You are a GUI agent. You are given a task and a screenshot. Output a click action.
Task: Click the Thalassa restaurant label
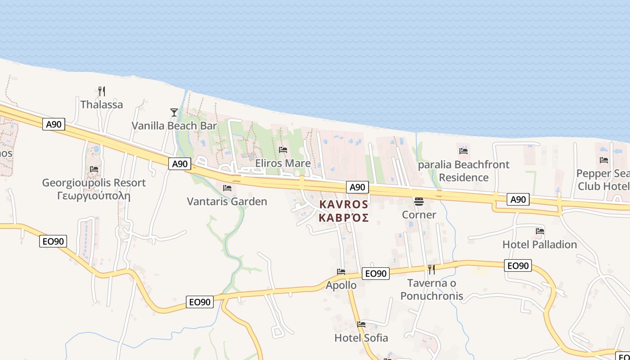pyautogui.click(x=101, y=104)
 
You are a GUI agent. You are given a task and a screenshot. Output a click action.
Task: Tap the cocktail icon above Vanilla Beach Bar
pyautogui.click(x=174, y=112)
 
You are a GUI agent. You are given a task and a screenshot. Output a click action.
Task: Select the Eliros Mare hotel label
pyautogui.click(x=283, y=163)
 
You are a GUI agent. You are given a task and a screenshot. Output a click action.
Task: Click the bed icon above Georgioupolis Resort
pyautogui.click(x=94, y=169)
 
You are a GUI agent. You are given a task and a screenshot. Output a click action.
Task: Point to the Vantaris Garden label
pyautogui.click(x=227, y=201)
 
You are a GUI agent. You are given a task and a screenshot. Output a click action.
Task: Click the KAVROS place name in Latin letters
pyautogui.click(x=344, y=204)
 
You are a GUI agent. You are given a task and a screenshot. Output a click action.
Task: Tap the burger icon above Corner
pyautogui.click(x=419, y=201)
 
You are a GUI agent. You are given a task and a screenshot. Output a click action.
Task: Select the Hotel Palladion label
pyautogui.click(x=540, y=244)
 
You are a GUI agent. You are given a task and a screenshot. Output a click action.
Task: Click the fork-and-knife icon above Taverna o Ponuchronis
pyautogui.click(x=431, y=269)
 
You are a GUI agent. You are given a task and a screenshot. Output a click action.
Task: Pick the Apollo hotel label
pyautogui.click(x=341, y=285)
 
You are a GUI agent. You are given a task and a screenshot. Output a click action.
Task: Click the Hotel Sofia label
pyautogui.click(x=361, y=337)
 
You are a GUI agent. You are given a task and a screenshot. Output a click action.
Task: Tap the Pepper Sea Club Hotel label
pyautogui.click(x=603, y=180)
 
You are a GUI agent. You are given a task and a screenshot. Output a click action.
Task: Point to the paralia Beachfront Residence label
pyautogui.click(x=463, y=171)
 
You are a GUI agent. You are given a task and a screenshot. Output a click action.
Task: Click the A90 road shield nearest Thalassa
pyautogui.click(x=54, y=124)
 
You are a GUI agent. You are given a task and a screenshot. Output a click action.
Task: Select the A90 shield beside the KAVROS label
pyautogui.click(x=357, y=187)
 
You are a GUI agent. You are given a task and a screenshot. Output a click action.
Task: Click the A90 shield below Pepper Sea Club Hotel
pyautogui.click(x=517, y=199)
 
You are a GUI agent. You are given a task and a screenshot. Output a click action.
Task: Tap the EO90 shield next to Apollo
pyautogui.click(x=376, y=273)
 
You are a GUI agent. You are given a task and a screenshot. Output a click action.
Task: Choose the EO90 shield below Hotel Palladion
pyautogui.click(x=517, y=265)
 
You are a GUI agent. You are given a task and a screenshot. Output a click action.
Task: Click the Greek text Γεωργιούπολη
pyautogui.click(x=94, y=196)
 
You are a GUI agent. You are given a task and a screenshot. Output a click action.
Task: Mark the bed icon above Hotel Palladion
pyautogui.click(x=540, y=231)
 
